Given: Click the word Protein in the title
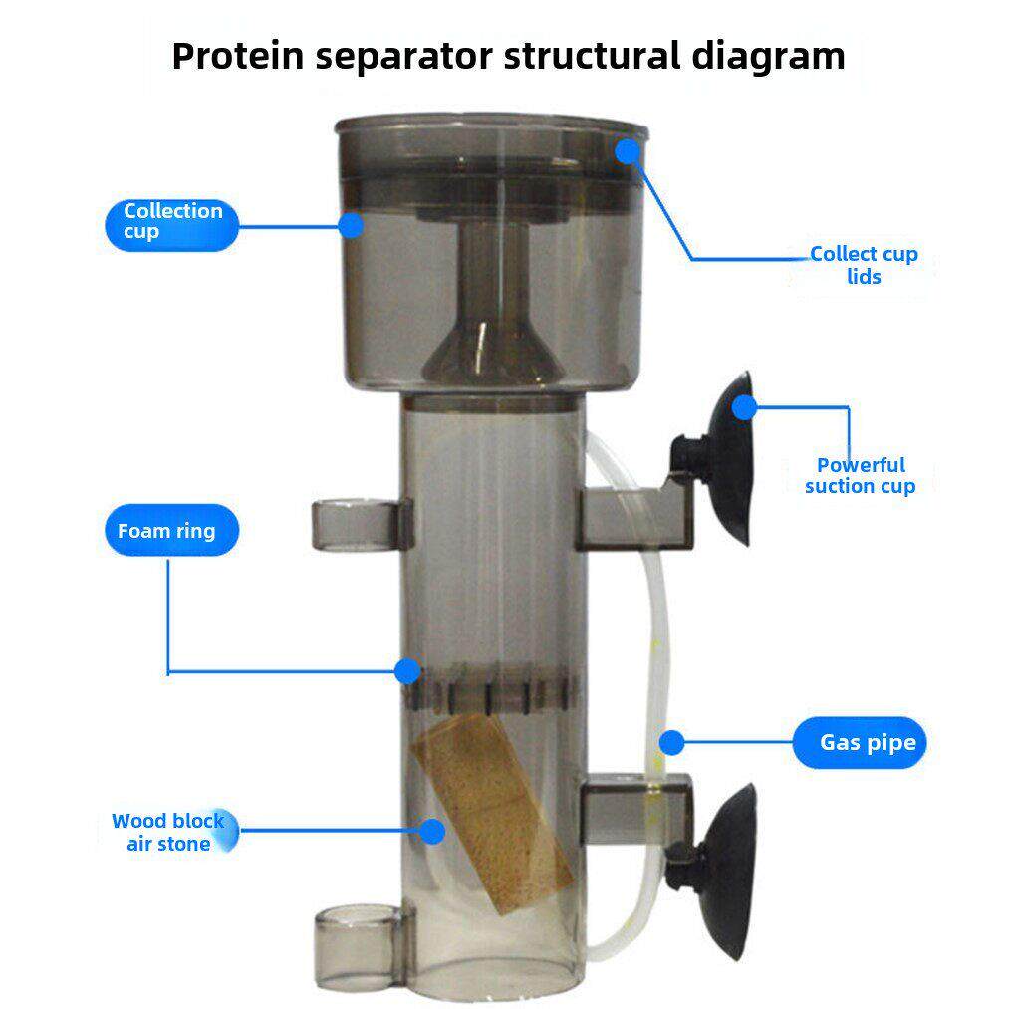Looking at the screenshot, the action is [237, 57].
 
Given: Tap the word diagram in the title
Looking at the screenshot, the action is [768, 57].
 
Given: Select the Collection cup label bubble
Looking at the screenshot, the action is [171, 225].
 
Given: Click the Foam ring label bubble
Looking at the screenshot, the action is [171, 530].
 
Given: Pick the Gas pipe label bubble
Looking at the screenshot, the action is [859, 742].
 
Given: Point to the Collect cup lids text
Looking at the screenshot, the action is [864, 265].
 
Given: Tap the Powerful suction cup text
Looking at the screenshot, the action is [861, 475].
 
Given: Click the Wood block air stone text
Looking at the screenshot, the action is [168, 832].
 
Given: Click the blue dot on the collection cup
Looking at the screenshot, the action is [351, 225].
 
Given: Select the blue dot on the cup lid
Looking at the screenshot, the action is [628, 151].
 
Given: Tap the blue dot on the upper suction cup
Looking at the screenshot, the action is [744, 407].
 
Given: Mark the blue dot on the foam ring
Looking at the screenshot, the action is [407, 671].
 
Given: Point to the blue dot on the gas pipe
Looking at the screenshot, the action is [671, 743].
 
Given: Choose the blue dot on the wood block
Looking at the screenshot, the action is [432, 831].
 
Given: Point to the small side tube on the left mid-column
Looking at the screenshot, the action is [362, 525].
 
